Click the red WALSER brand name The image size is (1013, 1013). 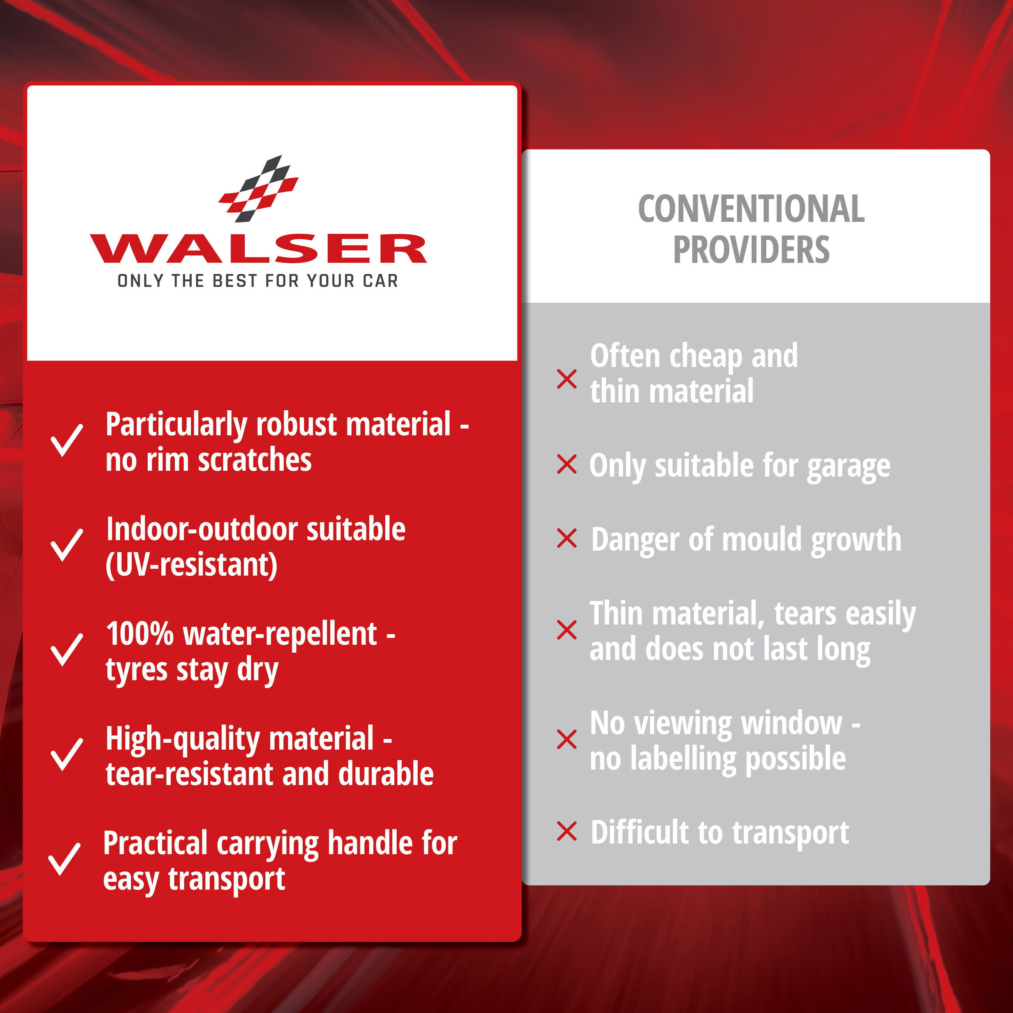click(x=258, y=249)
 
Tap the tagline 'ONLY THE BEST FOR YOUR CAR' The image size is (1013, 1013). click(x=258, y=281)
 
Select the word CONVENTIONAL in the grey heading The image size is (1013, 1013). click(x=751, y=209)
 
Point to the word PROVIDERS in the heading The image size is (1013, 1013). click(x=751, y=250)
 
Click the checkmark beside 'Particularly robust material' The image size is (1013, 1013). click(x=67, y=440)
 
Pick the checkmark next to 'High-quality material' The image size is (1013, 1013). click(x=67, y=755)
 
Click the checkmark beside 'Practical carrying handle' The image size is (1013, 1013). click(x=65, y=859)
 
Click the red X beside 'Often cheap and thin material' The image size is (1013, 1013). click(x=567, y=379)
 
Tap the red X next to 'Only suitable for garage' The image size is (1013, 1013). click(x=567, y=464)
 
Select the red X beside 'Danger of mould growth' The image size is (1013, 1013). click(x=567, y=538)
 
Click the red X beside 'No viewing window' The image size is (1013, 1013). click(x=567, y=739)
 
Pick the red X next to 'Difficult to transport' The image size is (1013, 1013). click(x=567, y=831)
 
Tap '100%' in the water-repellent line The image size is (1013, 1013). click(x=139, y=634)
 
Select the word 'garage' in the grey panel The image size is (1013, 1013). click(x=848, y=467)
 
